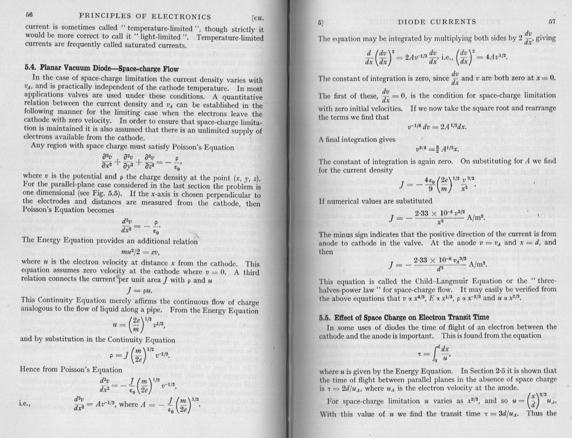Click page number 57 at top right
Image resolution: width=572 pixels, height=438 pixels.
(x=551, y=22)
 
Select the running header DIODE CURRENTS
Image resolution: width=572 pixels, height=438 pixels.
(x=438, y=22)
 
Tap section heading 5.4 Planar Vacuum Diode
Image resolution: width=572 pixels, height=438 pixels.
(x=101, y=68)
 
